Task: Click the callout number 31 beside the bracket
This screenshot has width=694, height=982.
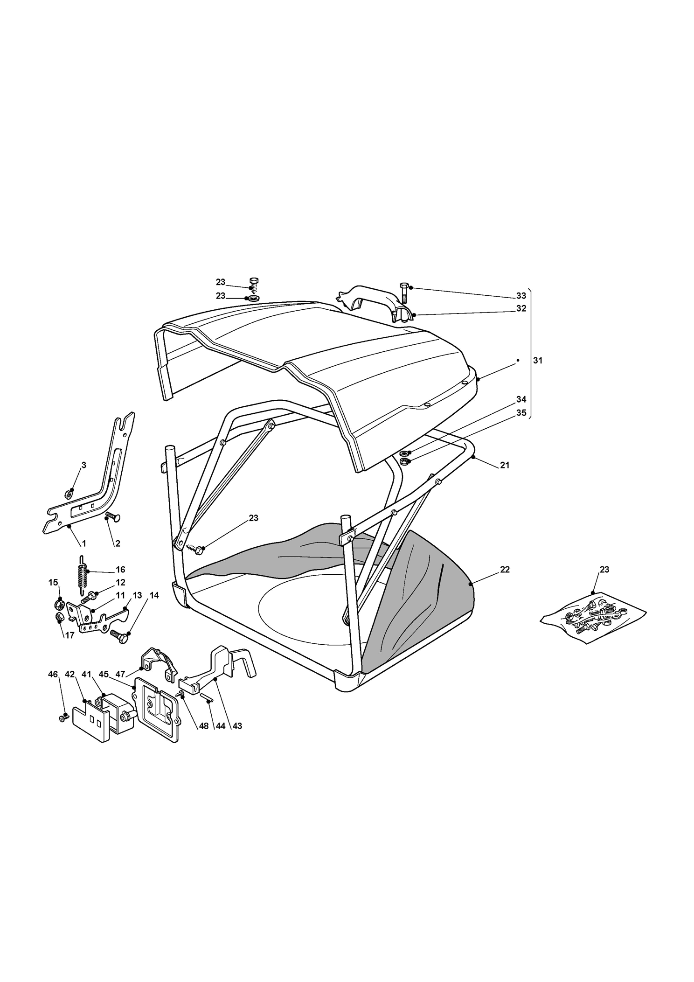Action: click(538, 361)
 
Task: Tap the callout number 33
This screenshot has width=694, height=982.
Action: click(521, 296)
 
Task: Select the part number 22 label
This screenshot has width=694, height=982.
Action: click(505, 570)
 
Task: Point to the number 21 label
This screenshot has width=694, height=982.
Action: click(505, 465)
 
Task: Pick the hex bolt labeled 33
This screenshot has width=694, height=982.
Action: click(404, 293)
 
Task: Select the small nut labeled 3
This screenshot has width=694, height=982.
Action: click(68, 493)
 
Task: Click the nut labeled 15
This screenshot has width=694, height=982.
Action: click(59, 606)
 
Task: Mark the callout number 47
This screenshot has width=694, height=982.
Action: click(120, 674)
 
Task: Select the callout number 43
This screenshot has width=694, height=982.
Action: click(237, 726)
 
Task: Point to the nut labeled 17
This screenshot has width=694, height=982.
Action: click(59, 618)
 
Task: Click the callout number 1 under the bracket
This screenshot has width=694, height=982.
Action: click(84, 543)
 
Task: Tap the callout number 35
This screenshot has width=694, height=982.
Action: click(521, 413)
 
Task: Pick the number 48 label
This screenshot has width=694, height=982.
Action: click(203, 726)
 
